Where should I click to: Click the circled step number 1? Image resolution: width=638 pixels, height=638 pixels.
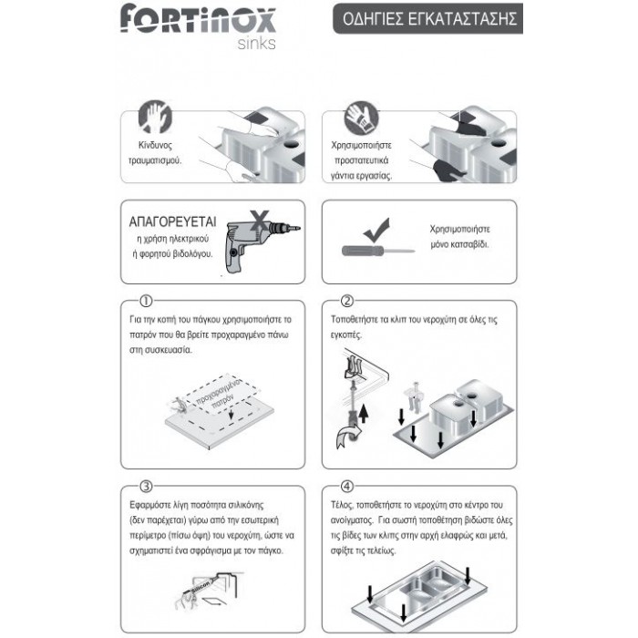click(147, 301)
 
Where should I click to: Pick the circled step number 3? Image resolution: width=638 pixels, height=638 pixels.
click(147, 484)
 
